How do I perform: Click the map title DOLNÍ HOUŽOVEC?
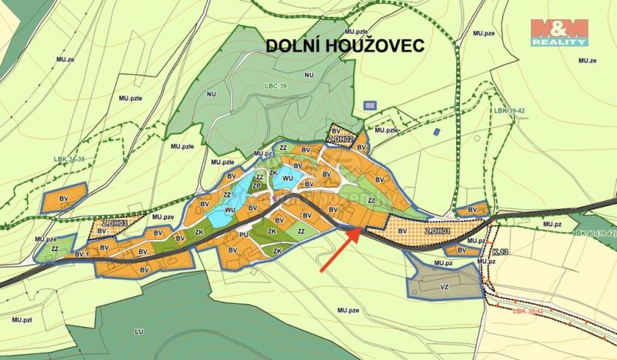pos(345,46)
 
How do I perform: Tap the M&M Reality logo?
pos(559,32)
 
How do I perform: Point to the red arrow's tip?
pos(359,230)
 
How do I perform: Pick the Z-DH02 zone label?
pos(339,139)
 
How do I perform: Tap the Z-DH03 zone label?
pos(114,222)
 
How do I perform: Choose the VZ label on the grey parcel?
pos(444,287)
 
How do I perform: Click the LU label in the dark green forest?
pos(139,332)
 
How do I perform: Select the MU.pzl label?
pos(21,317)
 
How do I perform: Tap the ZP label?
pos(258,185)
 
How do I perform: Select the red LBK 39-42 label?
pos(529,311)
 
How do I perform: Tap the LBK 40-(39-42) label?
pos(594,232)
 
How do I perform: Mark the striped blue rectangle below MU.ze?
pos(370,105)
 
